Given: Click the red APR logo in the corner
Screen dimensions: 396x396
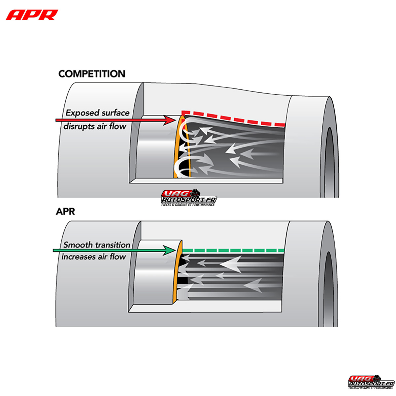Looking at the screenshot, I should pyautogui.click(x=32, y=15).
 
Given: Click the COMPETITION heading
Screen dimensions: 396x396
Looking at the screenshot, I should pyautogui.click(x=92, y=74).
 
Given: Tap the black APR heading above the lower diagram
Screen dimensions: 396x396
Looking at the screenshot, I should pyautogui.click(x=65, y=211).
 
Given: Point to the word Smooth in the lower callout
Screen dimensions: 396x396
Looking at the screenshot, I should pyautogui.click(x=78, y=245).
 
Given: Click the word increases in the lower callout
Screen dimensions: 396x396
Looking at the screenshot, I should pyautogui.click(x=78, y=257).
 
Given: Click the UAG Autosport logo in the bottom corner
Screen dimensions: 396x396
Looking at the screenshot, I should pyautogui.click(x=371, y=382).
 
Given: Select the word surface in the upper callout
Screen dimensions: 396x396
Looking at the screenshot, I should pyautogui.click(x=115, y=113).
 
